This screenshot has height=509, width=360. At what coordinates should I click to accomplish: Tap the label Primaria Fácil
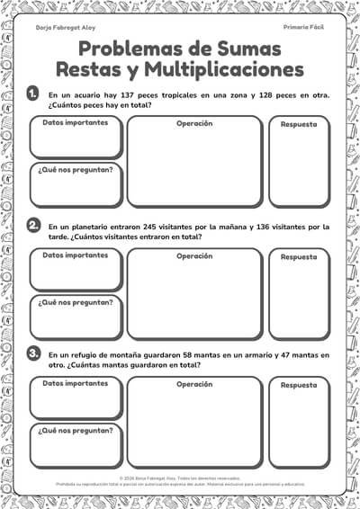[303, 28]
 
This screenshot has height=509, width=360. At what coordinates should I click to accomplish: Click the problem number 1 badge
[33, 93]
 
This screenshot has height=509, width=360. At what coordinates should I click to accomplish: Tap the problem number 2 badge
[33, 225]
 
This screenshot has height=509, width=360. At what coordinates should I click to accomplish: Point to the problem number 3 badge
[33, 354]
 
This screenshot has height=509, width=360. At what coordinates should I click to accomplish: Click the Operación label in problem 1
[193, 123]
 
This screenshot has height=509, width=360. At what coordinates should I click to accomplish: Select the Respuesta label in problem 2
[299, 256]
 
